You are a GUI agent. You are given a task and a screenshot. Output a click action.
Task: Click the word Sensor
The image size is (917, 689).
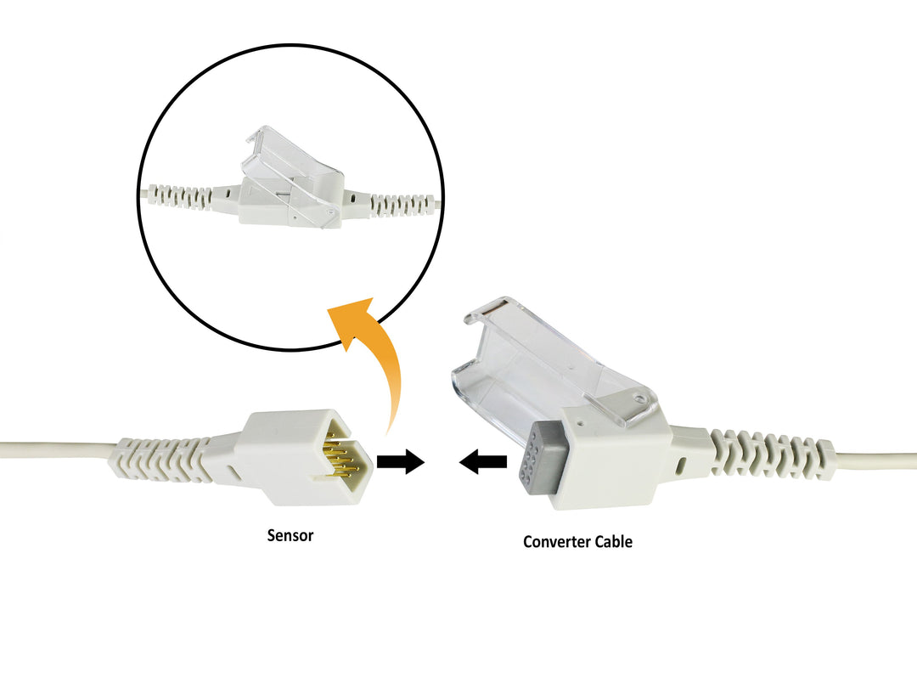[290, 536]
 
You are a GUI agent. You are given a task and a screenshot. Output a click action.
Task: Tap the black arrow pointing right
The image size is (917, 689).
[400, 462]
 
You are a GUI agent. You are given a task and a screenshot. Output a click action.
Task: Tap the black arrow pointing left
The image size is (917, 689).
[483, 462]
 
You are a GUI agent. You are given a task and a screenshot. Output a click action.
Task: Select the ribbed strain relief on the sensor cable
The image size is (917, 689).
[161, 460]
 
